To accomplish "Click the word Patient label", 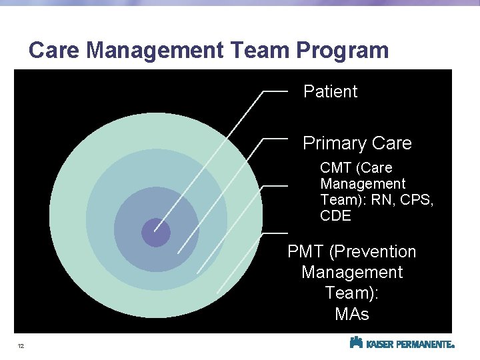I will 330,92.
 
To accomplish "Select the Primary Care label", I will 357,143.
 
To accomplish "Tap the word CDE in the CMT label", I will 335,216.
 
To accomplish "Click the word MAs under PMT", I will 351,314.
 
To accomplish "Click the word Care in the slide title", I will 55,50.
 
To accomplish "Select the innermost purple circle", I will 156,233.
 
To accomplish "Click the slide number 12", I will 21,346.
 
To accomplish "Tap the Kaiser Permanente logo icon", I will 356,343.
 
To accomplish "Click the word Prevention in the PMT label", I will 373,252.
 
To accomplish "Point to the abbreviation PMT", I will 306,252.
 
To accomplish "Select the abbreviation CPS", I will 418,200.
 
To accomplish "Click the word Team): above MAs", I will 351,293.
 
